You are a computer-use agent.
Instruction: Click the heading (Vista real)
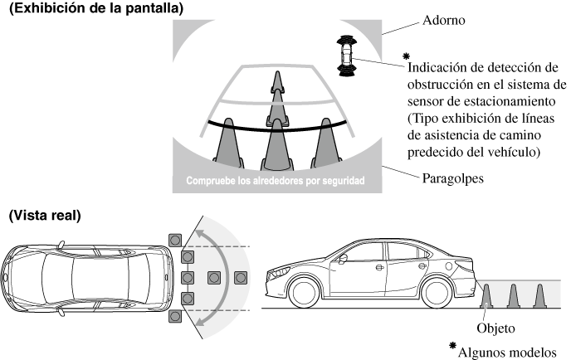(45, 215)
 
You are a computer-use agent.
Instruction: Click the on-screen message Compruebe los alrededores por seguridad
(275, 182)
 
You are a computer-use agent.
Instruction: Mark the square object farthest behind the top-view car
(241, 277)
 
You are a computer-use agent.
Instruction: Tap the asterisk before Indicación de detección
(405, 55)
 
